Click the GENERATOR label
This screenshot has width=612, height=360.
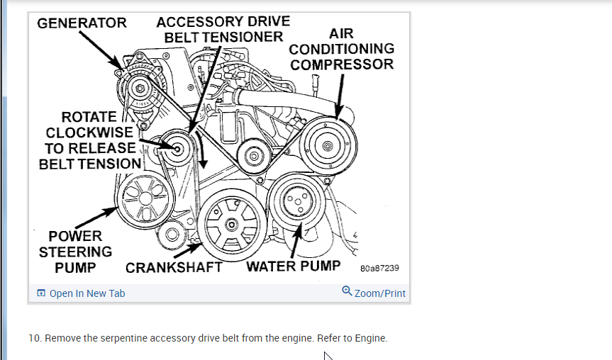tap(82, 23)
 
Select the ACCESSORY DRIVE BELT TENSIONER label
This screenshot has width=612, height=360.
tap(223, 29)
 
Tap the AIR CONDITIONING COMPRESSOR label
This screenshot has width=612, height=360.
tap(342, 49)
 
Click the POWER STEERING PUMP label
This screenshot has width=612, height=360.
tap(75, 252)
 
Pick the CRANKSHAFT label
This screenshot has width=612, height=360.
tap(174, 268)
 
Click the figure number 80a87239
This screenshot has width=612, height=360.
tap(379, 269)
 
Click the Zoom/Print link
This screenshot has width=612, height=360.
tap(380, 293)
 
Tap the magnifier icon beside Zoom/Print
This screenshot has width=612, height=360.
tap(347, 291)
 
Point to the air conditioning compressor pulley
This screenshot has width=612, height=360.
tap(327, 146)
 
